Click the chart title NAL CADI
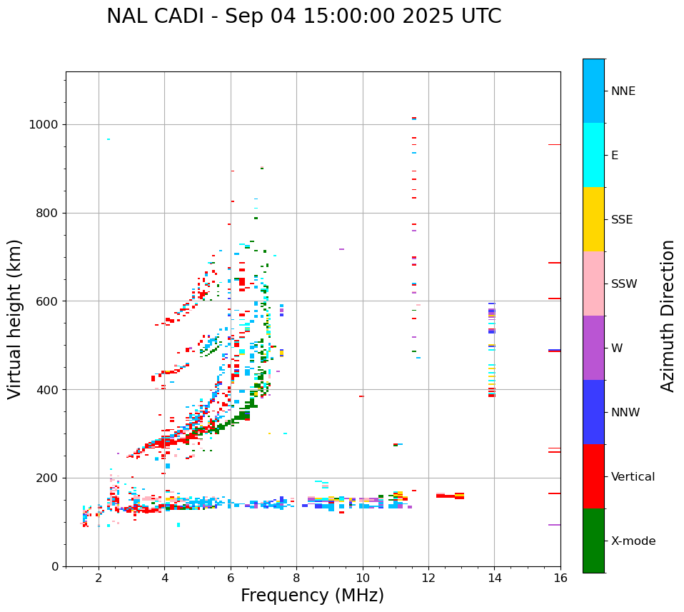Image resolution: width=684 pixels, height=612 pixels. pos(303,16)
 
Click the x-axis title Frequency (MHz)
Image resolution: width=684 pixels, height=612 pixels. pos(312,596)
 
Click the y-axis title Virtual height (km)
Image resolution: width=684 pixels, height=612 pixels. pos(15,318)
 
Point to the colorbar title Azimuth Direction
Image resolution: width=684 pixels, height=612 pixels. pos(668,315)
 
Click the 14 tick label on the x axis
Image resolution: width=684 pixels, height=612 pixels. pos(494,578)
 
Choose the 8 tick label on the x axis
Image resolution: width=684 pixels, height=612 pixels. pos(296,578)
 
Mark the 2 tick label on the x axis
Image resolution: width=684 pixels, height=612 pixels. pos(99,578)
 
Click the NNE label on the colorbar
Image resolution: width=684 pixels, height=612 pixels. pos(623,91)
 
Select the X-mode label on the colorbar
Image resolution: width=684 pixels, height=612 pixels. pos(633,541)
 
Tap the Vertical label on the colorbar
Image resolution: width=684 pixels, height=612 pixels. pos(633,477)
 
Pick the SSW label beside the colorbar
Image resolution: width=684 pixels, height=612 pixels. pos(624,284)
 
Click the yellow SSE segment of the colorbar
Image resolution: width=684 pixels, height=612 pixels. pos(593,219)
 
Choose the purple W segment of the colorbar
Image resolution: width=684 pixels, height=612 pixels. pos(593,348)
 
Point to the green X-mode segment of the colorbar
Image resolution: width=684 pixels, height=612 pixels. pos(593,541)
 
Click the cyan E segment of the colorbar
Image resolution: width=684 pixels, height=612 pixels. pos(593,155)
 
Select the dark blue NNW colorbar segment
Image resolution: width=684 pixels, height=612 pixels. pos(593,412)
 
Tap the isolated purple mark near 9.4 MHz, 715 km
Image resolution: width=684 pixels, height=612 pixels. pos(341,249)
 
